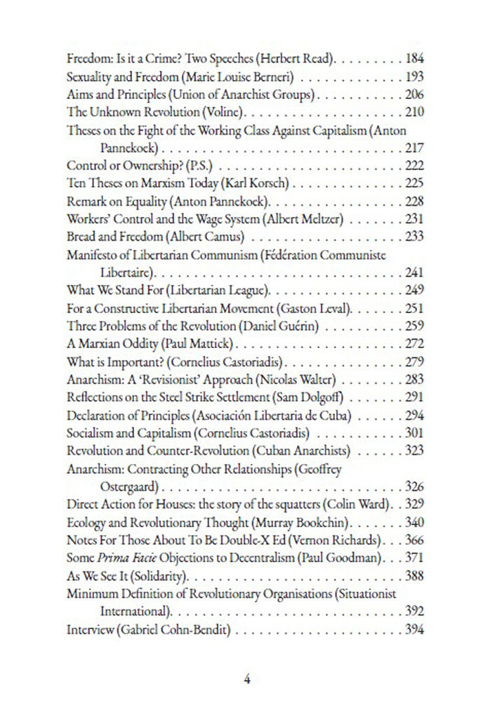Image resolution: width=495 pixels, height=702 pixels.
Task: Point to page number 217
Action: pos(415,148)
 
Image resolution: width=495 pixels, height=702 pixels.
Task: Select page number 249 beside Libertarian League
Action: pos(415,289)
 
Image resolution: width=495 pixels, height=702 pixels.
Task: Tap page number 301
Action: pos(415,433)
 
